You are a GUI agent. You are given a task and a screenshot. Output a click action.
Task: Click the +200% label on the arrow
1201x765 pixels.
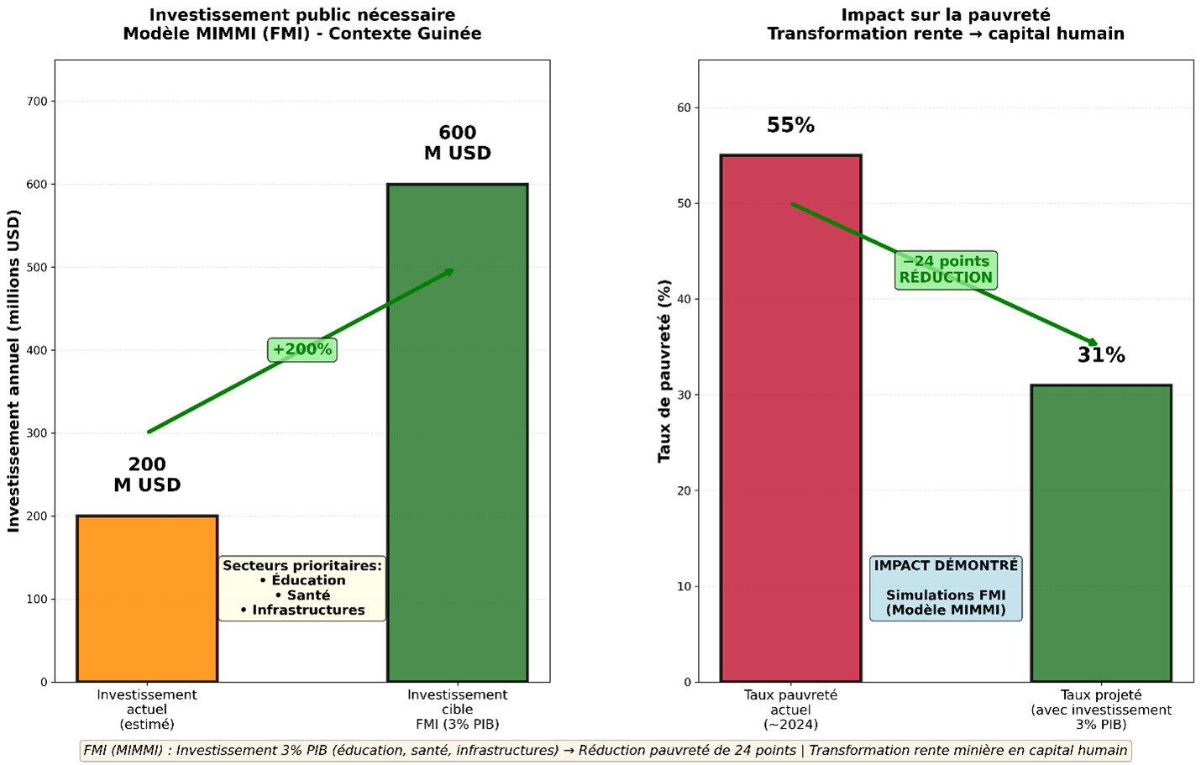[302, 349]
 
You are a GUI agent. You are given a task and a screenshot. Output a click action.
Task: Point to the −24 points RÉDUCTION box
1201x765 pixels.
[946, 270]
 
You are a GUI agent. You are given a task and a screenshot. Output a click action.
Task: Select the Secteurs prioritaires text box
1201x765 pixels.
[302, 588]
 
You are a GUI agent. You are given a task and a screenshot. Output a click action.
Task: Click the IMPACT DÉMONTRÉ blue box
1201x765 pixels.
[946, 588]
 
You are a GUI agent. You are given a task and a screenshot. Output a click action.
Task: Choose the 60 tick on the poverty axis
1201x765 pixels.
[684, 107]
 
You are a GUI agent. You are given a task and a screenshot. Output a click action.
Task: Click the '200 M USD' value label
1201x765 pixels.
[147, 474]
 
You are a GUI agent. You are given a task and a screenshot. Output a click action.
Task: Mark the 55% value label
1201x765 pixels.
[790, 125]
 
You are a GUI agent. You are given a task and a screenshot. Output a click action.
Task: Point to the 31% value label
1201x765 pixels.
[1100, 355]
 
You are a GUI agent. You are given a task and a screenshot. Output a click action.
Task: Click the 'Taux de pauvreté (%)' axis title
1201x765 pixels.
[664, 370]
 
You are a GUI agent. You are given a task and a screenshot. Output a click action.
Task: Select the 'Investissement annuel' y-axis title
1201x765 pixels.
[13, 370]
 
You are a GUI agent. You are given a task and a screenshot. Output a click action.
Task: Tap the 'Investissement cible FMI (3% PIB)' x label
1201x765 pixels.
[457, 710]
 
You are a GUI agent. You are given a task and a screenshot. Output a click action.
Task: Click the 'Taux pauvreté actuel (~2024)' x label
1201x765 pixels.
[790, 710]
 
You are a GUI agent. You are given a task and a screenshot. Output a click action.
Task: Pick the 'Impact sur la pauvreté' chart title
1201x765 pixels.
[945, 15]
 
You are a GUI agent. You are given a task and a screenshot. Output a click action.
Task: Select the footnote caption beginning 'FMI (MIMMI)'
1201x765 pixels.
[605, 750]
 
